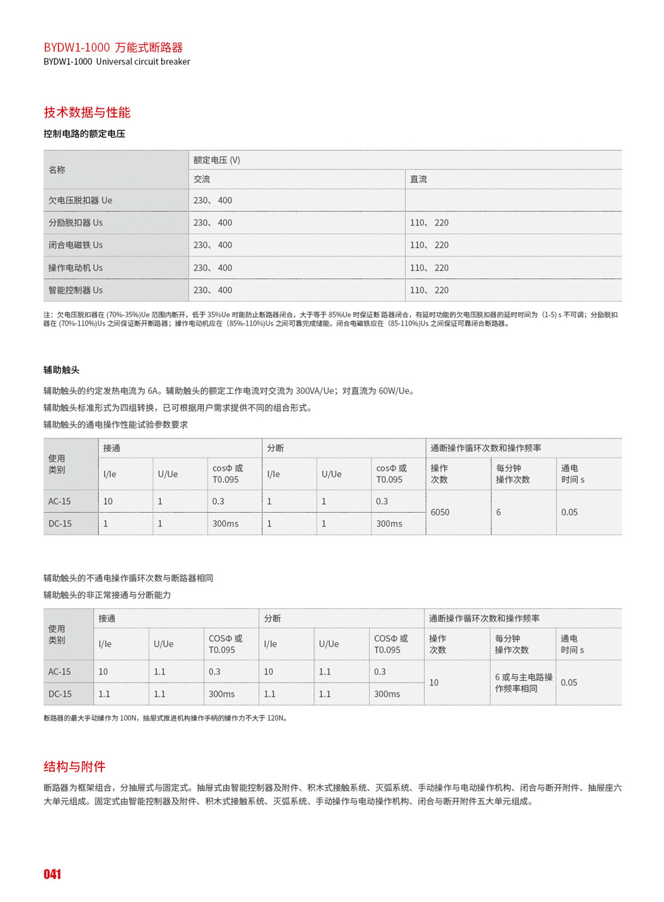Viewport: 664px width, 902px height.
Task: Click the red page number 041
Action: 52,874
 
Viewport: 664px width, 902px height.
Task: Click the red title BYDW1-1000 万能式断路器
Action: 113,47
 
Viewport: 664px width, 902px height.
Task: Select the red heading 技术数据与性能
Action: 87,112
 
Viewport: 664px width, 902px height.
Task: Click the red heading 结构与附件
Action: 74,767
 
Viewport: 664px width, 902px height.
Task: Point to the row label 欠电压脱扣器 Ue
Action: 80,201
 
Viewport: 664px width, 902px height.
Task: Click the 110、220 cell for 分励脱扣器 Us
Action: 429,223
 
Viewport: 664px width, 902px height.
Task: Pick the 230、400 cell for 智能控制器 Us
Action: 212,290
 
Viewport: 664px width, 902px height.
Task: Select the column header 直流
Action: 418,179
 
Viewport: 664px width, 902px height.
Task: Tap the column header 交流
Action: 202,179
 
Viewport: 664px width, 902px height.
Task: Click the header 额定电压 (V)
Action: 216,160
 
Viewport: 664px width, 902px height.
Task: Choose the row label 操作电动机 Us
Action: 75,268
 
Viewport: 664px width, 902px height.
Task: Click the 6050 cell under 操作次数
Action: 440,512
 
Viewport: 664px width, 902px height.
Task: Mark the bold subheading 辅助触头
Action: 61,370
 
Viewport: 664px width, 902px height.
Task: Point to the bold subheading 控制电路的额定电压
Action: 84,134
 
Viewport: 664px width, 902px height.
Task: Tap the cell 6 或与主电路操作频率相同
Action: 523,683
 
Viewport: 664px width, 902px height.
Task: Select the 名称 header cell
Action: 57,170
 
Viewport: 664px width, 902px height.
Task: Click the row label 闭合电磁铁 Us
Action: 75,245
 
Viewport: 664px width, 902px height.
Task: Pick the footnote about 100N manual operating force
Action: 166,718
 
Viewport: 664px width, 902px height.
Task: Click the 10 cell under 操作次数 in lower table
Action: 434,683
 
